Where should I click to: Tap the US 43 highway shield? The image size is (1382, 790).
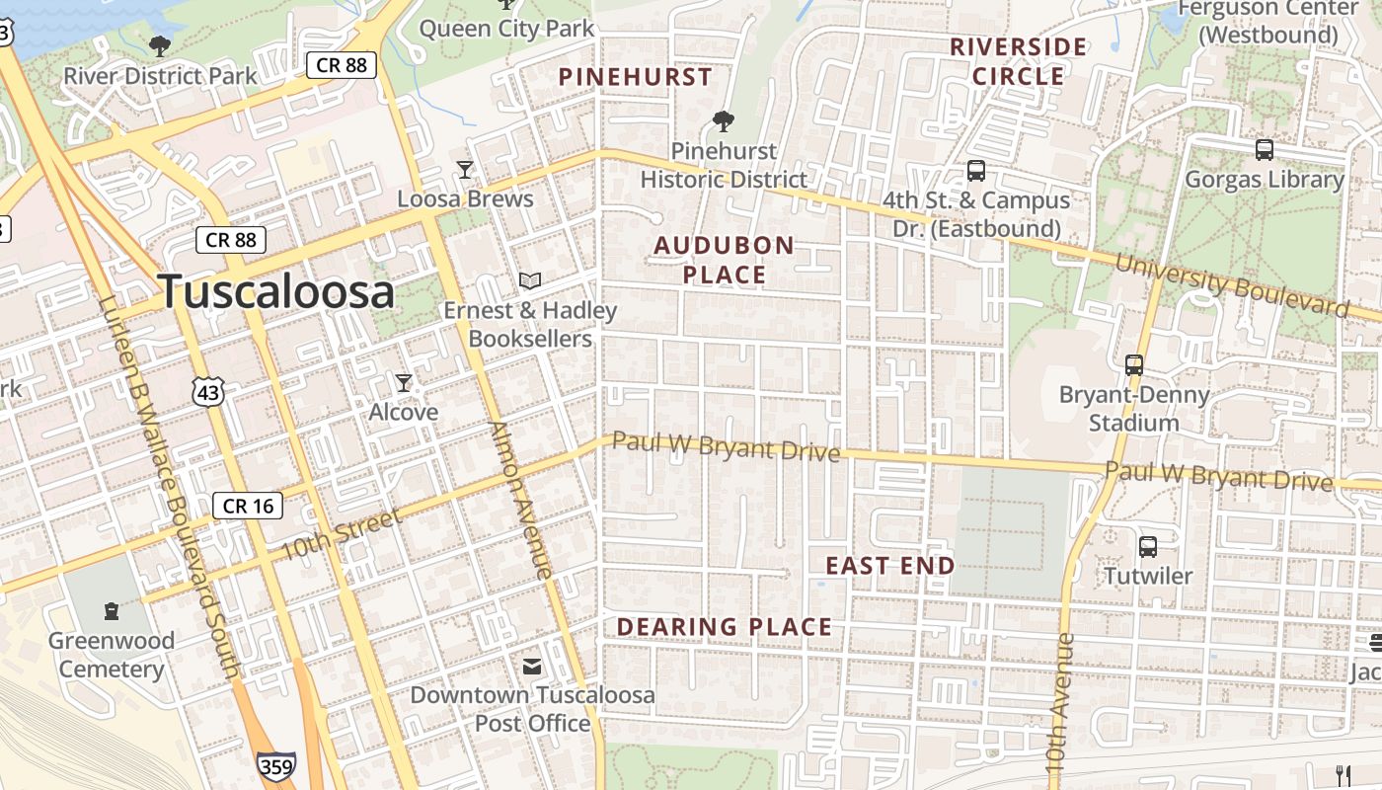tap(209, 393)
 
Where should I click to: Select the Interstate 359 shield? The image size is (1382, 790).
tap(275, 766)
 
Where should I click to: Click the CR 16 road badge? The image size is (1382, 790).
tap(248, 507)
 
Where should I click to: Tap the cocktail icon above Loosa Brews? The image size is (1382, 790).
tap(465, 170)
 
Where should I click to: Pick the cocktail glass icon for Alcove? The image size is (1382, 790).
tap(403, 382)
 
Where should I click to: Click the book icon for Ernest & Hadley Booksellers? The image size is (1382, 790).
tap(530, 281)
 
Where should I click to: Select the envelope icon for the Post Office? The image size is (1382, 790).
tap(532, 667)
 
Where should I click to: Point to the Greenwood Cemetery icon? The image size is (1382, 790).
tap(112, 611)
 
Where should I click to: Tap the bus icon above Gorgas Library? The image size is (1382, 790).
tap(1264, 150)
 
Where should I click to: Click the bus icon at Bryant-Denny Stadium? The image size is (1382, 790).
tap(1134, 365)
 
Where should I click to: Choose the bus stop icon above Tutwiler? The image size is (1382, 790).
tap(1148, 546)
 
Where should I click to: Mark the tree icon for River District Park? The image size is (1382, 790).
tap(159, 45)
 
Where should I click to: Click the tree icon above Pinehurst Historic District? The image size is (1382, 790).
tap(724, 121)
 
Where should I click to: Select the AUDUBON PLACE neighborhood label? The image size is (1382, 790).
tap(725, 260)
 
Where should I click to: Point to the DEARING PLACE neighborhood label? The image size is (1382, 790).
tap(725, 627)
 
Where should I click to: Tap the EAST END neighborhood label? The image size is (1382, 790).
tap(890, 566)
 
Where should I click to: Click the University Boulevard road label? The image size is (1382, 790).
tap(1232, 285)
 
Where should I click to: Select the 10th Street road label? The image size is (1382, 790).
tap(342, 534)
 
